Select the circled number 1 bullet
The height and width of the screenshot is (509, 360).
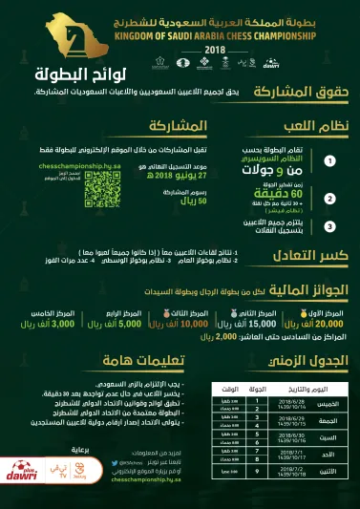[x=329, y=161]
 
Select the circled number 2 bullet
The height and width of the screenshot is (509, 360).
[x=329, y=198]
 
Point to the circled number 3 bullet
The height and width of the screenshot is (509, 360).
[x=329, y=226]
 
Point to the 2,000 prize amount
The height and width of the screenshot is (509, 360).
[x=225, y=337]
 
